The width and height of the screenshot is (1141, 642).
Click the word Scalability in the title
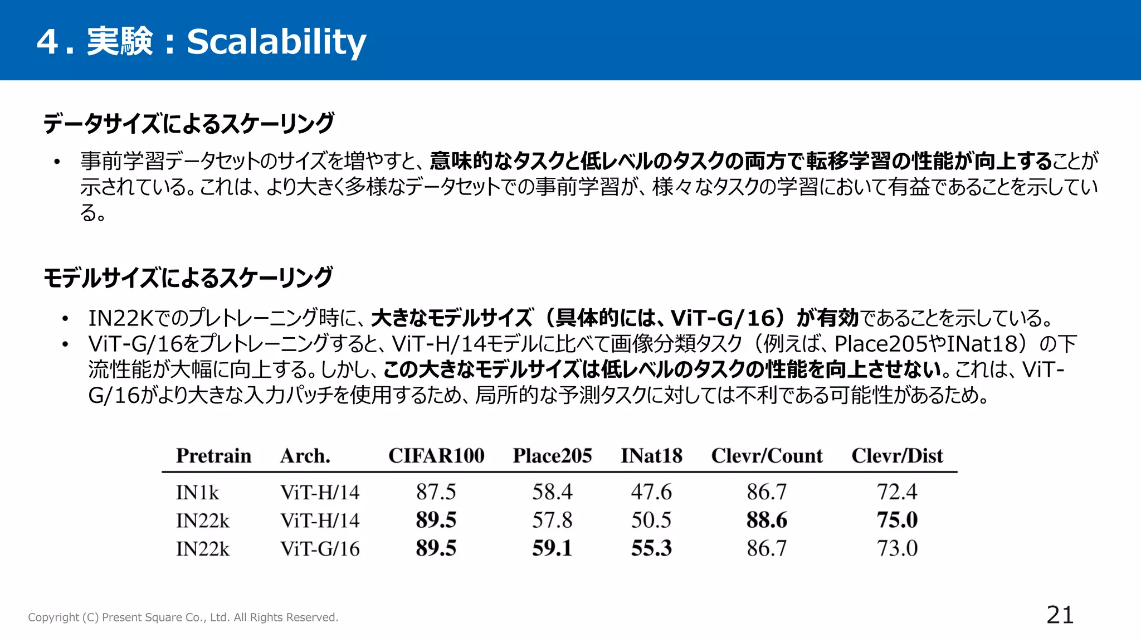tap(276, 42)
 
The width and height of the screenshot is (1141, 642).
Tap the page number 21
tap(1060, 615)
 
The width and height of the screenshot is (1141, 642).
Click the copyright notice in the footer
tap(183, 617)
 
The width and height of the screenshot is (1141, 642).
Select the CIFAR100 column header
tap(436, 456)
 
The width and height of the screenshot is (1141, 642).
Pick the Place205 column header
tap(552, 456)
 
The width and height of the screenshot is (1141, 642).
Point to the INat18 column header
tap(651, 456)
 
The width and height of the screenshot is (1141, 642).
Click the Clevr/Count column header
tap(767, 456)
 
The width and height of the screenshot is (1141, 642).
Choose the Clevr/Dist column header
tap(897, 456)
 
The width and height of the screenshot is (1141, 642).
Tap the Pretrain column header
tap(213, 456)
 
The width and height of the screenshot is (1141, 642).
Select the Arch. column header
tap(305, 456)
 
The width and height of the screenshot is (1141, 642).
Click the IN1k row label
tap(197, 493)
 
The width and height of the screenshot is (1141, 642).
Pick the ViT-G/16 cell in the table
tap(320, 549)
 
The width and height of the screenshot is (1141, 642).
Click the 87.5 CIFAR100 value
tap(436, 492)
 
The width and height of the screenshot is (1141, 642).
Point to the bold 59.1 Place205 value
tap(552, 548)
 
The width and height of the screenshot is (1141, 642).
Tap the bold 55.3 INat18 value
tap(651, 548)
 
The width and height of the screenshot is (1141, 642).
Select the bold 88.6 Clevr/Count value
tap(767, 521)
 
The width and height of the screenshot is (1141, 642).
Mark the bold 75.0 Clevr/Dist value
tap(897, 521)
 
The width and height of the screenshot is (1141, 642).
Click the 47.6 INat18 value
tap(651, 492)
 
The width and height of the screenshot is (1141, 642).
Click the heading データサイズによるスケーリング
tap(189, 123)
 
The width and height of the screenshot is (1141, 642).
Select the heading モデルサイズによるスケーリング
tap(188, 278)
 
